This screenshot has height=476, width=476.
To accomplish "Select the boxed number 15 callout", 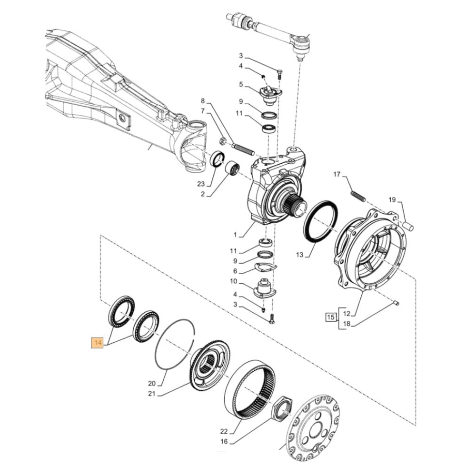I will pos(330,316).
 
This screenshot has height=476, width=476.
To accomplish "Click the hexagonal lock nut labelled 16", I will pos(282,409).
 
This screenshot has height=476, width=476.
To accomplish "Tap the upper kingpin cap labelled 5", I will pos(269,93).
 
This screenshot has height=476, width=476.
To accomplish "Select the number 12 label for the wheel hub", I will pos(347,313).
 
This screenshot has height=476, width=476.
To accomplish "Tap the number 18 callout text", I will pos(347,325).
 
